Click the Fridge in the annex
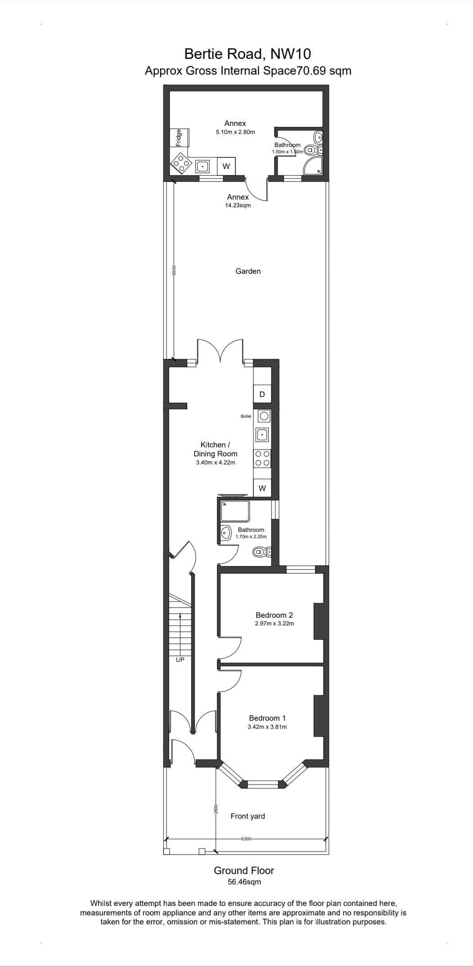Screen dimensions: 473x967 pyautogui.click(x=180, y=137)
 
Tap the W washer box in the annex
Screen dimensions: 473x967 pyautogui.click(x=226, y=166)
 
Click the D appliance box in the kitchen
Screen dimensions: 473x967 pyautogui.click(x=262, y=394)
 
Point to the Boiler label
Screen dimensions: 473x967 pyautogui.click(x=246, y=416)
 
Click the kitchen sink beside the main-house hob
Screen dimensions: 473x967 pyautogui.click(x=262, y=435)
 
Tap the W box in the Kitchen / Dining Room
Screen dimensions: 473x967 pyautogui.click(x=262, y=488)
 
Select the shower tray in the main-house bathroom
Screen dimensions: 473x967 pyautogui.click(x=234, y=511)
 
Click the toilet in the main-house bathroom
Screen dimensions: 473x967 pyautogui.click(x=261, y=551)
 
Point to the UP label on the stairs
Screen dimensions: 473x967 pyautogui.click(x=180, y=660)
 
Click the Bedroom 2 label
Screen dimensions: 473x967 pyautogui.click(x=274, y=615)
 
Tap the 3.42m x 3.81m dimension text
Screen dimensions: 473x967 pyautogui.click(x=267, y=726)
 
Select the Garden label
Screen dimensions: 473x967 pyautogui.click(x=248, y=271)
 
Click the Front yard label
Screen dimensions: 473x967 pyautogui.click(x=248, y=816)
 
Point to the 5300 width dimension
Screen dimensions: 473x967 pyautogui.click(x=246, y=839)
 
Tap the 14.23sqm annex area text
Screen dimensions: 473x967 pyautogui.click(x=238, y=205)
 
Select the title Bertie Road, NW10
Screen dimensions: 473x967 pyautogui.click(x=248, y=54)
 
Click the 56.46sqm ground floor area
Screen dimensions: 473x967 pyautogui.click(x=244, y=882)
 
